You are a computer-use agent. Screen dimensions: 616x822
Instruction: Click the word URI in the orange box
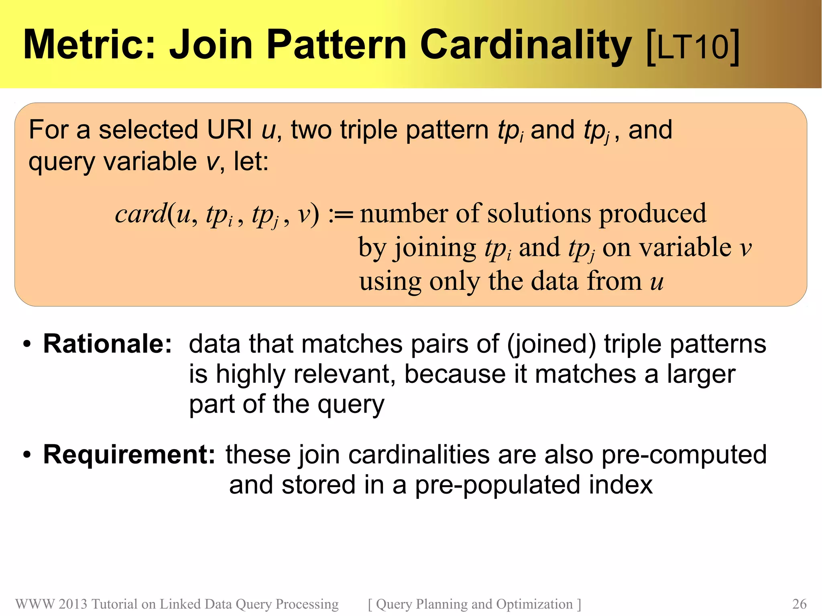[229, 130]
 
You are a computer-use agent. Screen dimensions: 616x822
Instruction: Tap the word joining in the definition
[435, 248]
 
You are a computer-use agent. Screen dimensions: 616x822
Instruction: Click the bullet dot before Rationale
[27, 344]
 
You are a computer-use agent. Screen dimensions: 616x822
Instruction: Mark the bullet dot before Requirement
[27, 455]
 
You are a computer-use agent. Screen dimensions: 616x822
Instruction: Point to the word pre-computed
[684, 455]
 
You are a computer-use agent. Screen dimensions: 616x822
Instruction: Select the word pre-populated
[498, 485]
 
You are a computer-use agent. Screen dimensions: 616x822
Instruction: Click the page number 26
[799, 604]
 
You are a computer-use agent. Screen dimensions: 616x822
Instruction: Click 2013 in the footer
[73, 604]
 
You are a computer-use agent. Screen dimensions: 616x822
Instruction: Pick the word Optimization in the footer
[534, 604]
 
